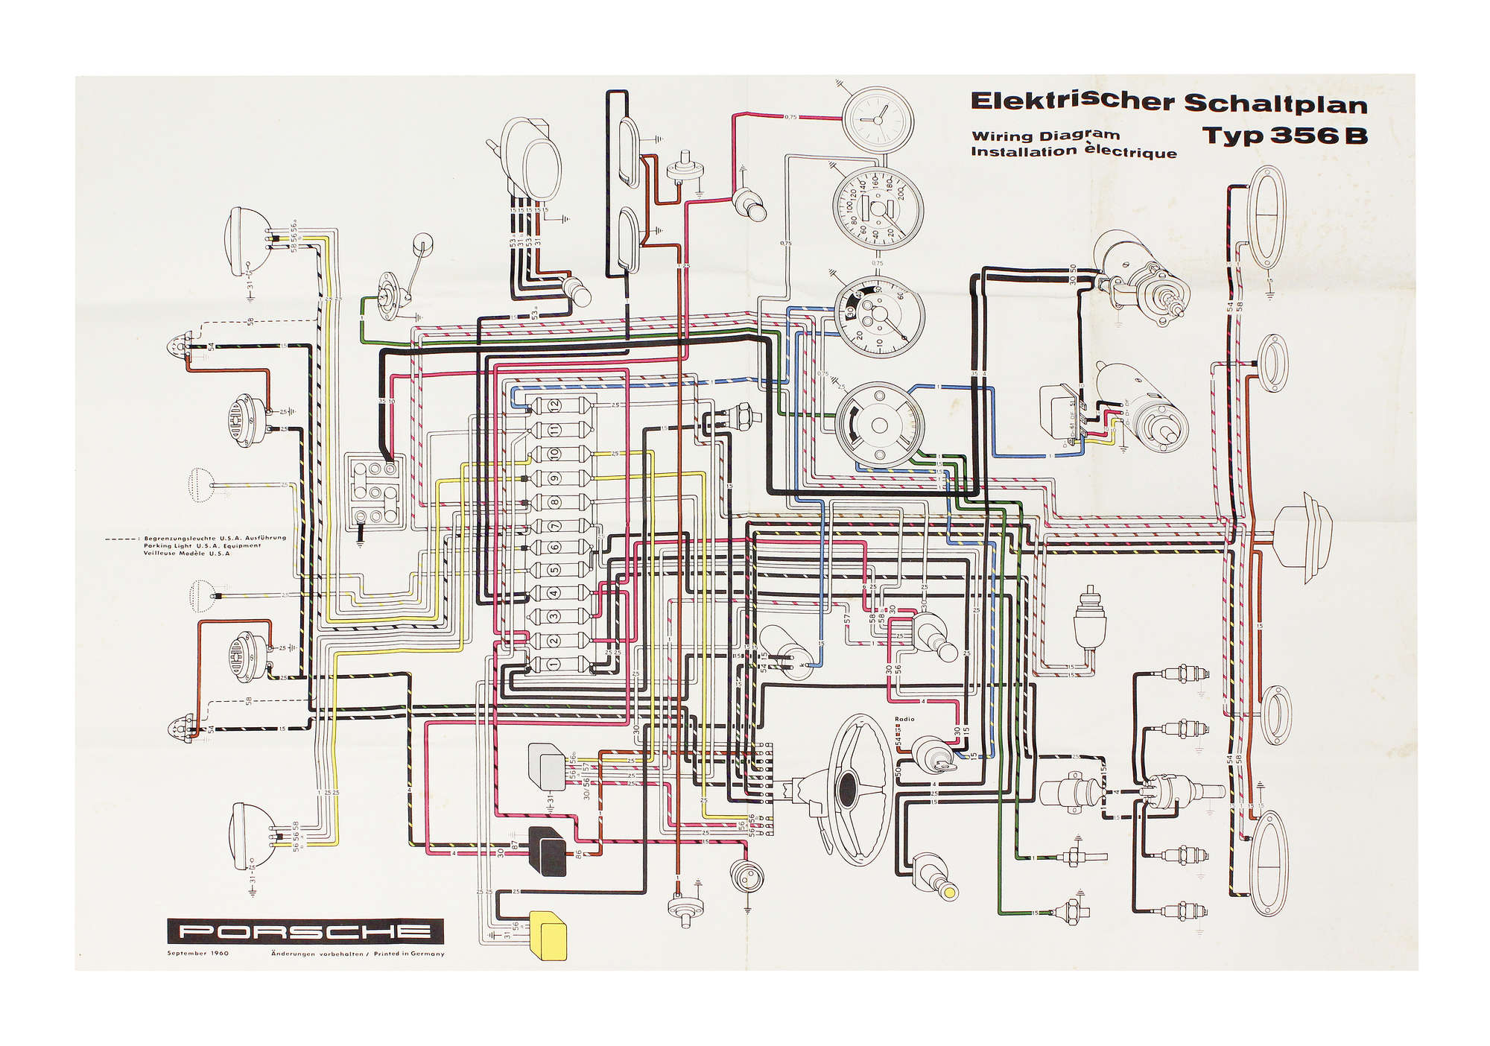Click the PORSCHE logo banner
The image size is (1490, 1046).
[305, 931]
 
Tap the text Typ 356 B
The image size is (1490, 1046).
[1284, 136]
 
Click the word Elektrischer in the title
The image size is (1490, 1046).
[1073, 101]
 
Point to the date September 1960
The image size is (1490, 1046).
[198, 954]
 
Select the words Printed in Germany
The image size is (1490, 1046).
[409, 954]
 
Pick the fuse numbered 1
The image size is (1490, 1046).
[555, 664]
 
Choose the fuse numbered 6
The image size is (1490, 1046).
[555, 548]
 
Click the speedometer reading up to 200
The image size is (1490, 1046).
[878, 209]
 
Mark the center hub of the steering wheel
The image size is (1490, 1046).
[848, 788]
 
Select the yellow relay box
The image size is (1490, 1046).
[548, 936]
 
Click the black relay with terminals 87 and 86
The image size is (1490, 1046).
[548, 852]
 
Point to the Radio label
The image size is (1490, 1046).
[904, 719]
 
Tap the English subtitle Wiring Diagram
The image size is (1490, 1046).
[1045, 136]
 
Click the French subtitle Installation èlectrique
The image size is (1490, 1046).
[1074, 152]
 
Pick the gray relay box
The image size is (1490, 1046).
[547, 765]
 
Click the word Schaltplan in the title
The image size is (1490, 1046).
[1275, 103]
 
